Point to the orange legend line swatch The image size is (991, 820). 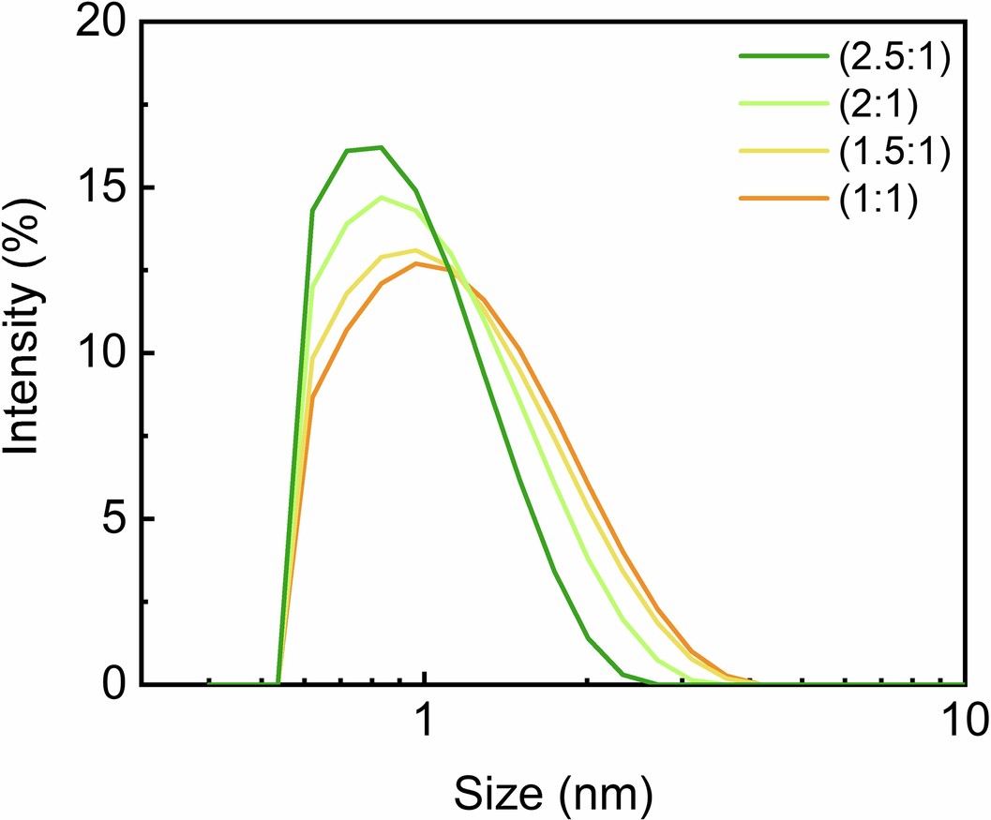(x=784, y=199)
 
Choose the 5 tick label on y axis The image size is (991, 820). (x=113, y=519)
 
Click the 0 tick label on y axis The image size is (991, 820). (x=113, y=684)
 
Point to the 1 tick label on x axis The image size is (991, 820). (x=425, y=723)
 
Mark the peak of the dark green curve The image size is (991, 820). (x=381, y=147)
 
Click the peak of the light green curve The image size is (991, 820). (x=382, y=197)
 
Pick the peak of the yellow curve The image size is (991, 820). (x=415, y=250)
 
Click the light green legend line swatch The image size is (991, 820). (x=784, y=104)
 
